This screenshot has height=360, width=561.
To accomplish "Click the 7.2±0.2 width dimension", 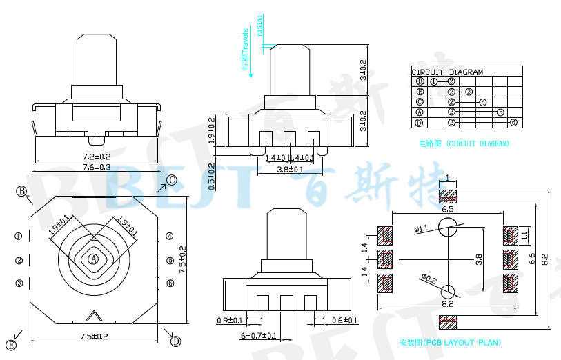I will pos(97,157).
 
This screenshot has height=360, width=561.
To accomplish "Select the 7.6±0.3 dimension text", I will pos(97,167).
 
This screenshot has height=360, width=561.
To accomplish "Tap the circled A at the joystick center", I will pos(93,259).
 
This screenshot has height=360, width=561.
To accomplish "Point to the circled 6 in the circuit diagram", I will pos(513,123).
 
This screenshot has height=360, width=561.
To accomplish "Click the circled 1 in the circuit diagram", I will pos(434,81).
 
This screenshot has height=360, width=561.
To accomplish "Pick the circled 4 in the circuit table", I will pos(482,102).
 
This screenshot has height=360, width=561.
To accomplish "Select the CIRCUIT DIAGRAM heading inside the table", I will pos(447,72).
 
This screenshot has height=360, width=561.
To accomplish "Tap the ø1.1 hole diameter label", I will pos(421,228).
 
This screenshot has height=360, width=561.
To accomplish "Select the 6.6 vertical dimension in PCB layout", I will pos(531,259).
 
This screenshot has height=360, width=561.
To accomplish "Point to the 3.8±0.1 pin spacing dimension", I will pos(290,169).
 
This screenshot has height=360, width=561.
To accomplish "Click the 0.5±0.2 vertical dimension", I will pos(211,176).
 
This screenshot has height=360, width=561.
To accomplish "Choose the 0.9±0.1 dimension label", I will pos(229,321).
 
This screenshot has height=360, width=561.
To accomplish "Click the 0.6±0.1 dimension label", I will pos(345,321).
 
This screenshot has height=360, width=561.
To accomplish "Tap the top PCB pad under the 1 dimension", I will pos(448,194).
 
